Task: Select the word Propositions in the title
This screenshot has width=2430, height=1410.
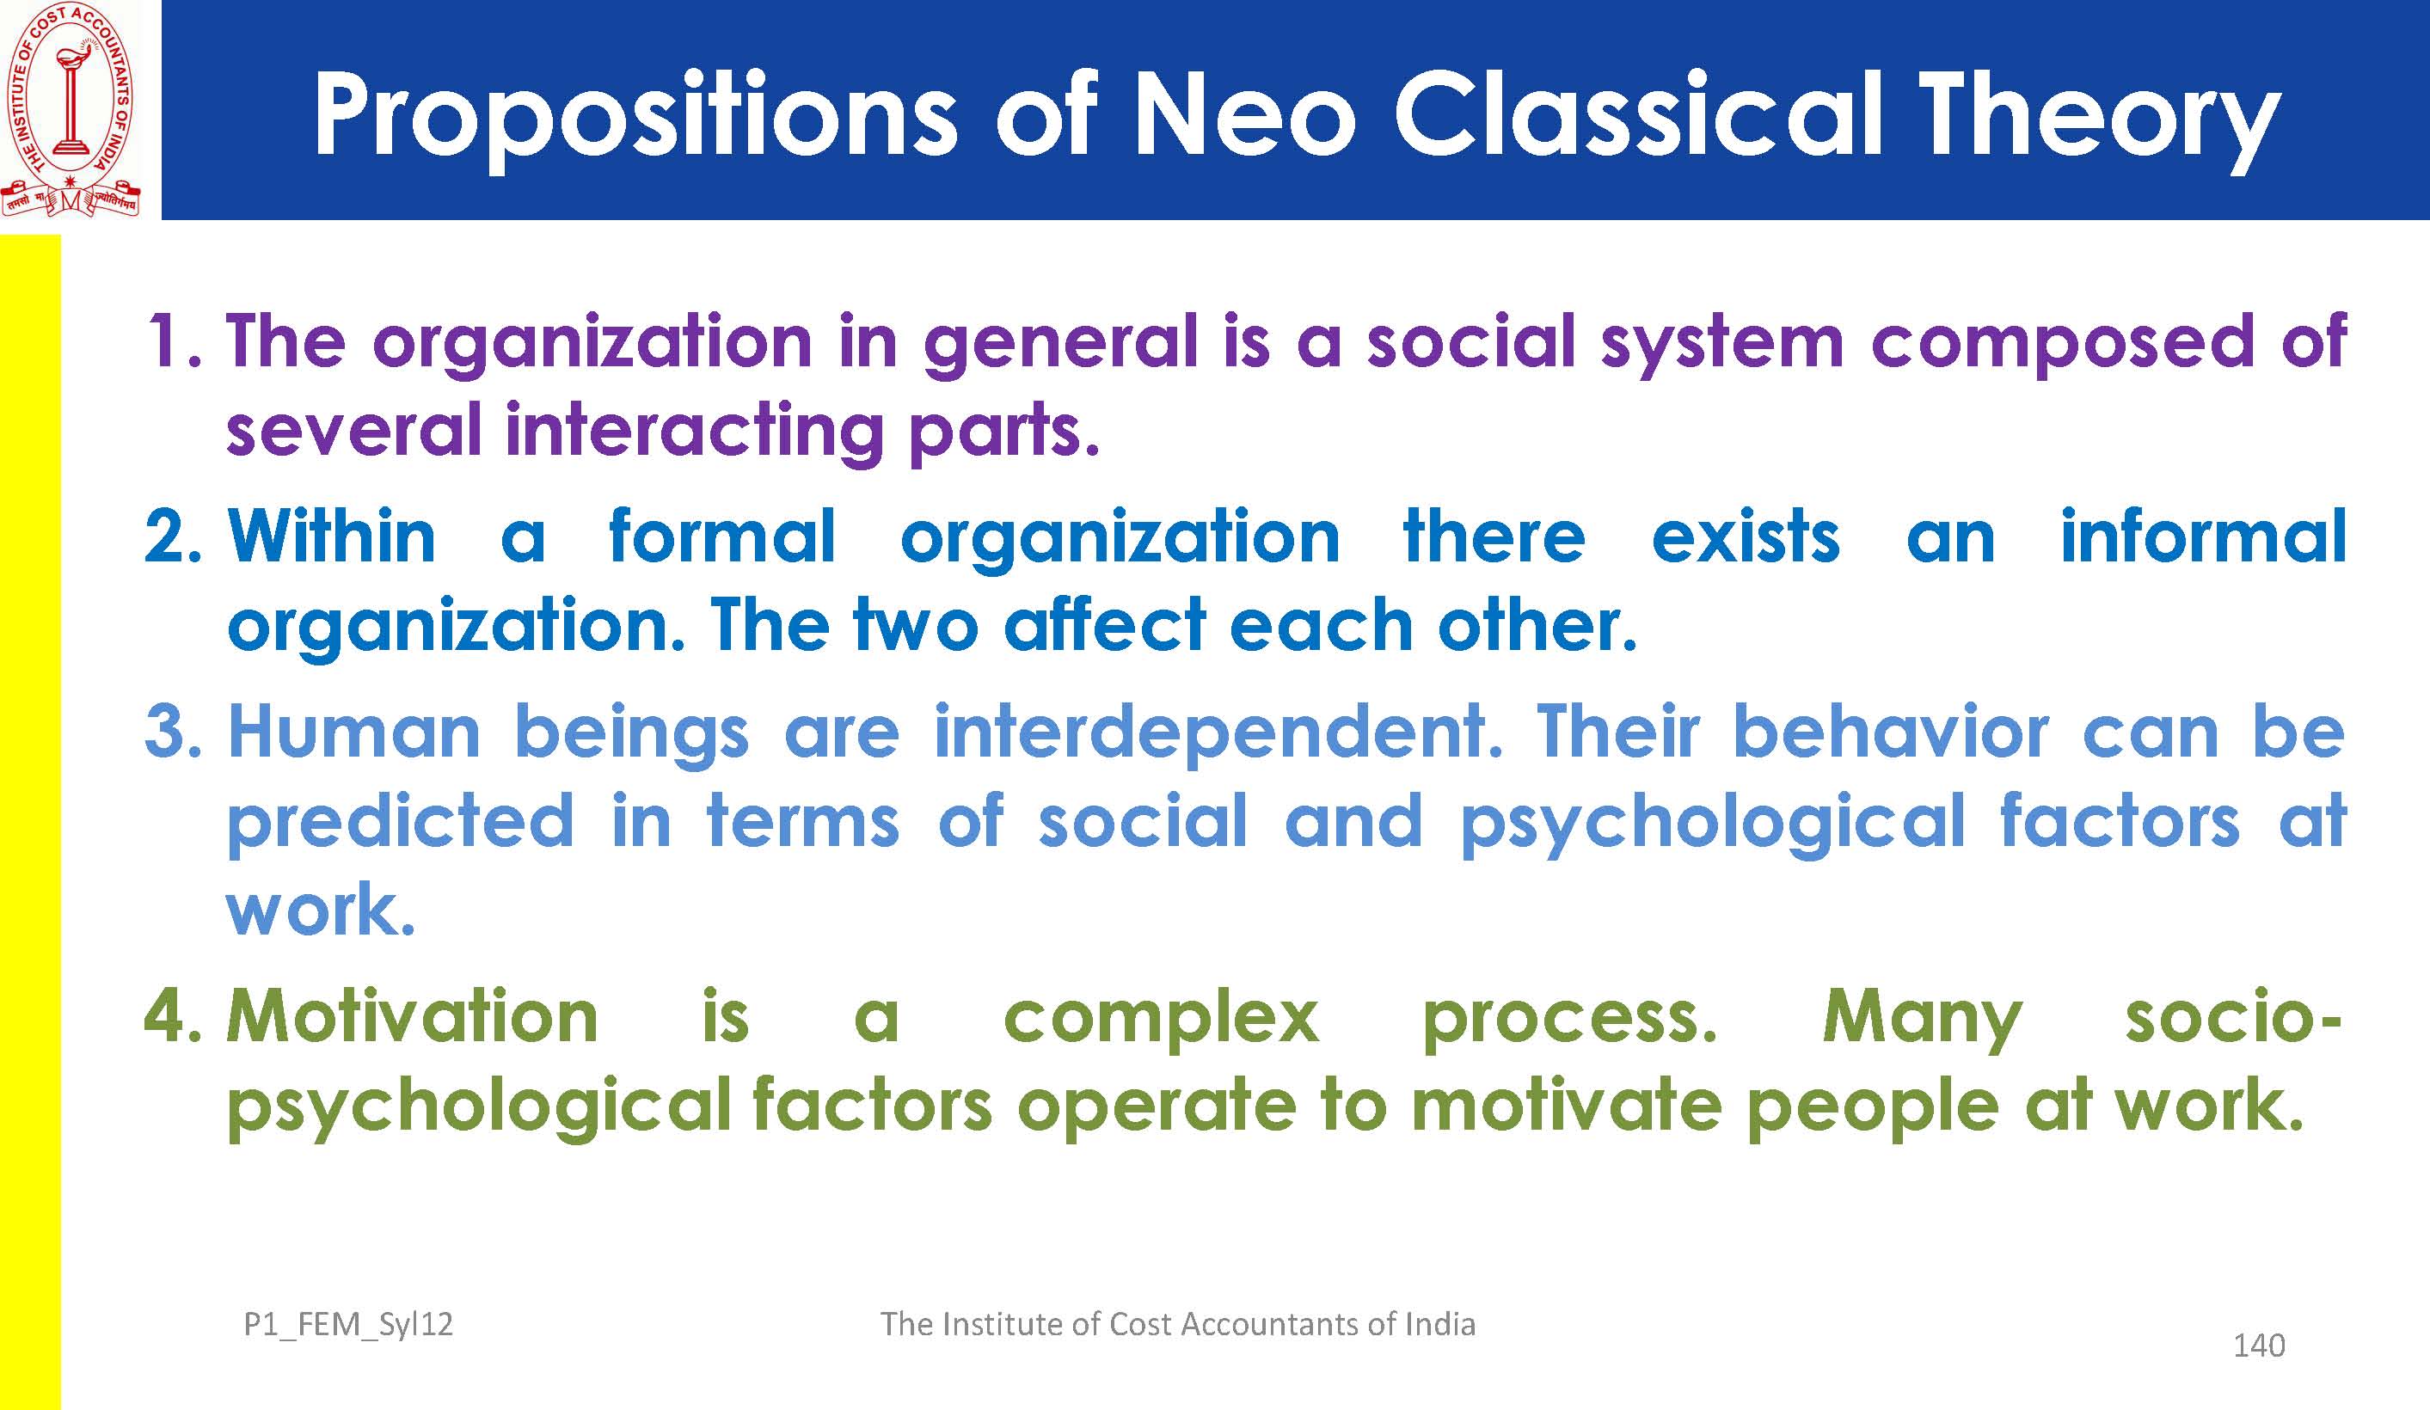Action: [635, 120]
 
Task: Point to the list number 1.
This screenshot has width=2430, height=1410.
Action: [174, 341]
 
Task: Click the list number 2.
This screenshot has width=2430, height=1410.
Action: [174, 536]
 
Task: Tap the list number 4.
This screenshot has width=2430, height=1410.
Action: [174, 1016]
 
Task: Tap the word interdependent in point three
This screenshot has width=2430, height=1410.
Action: [1218, 733]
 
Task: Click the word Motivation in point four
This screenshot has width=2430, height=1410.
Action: [413, 1016]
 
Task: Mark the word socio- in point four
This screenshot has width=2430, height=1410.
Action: [2233, 1016]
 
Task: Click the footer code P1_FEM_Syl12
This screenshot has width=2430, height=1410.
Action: [348, 1325]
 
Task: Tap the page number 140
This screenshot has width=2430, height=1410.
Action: [2260, 1346]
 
